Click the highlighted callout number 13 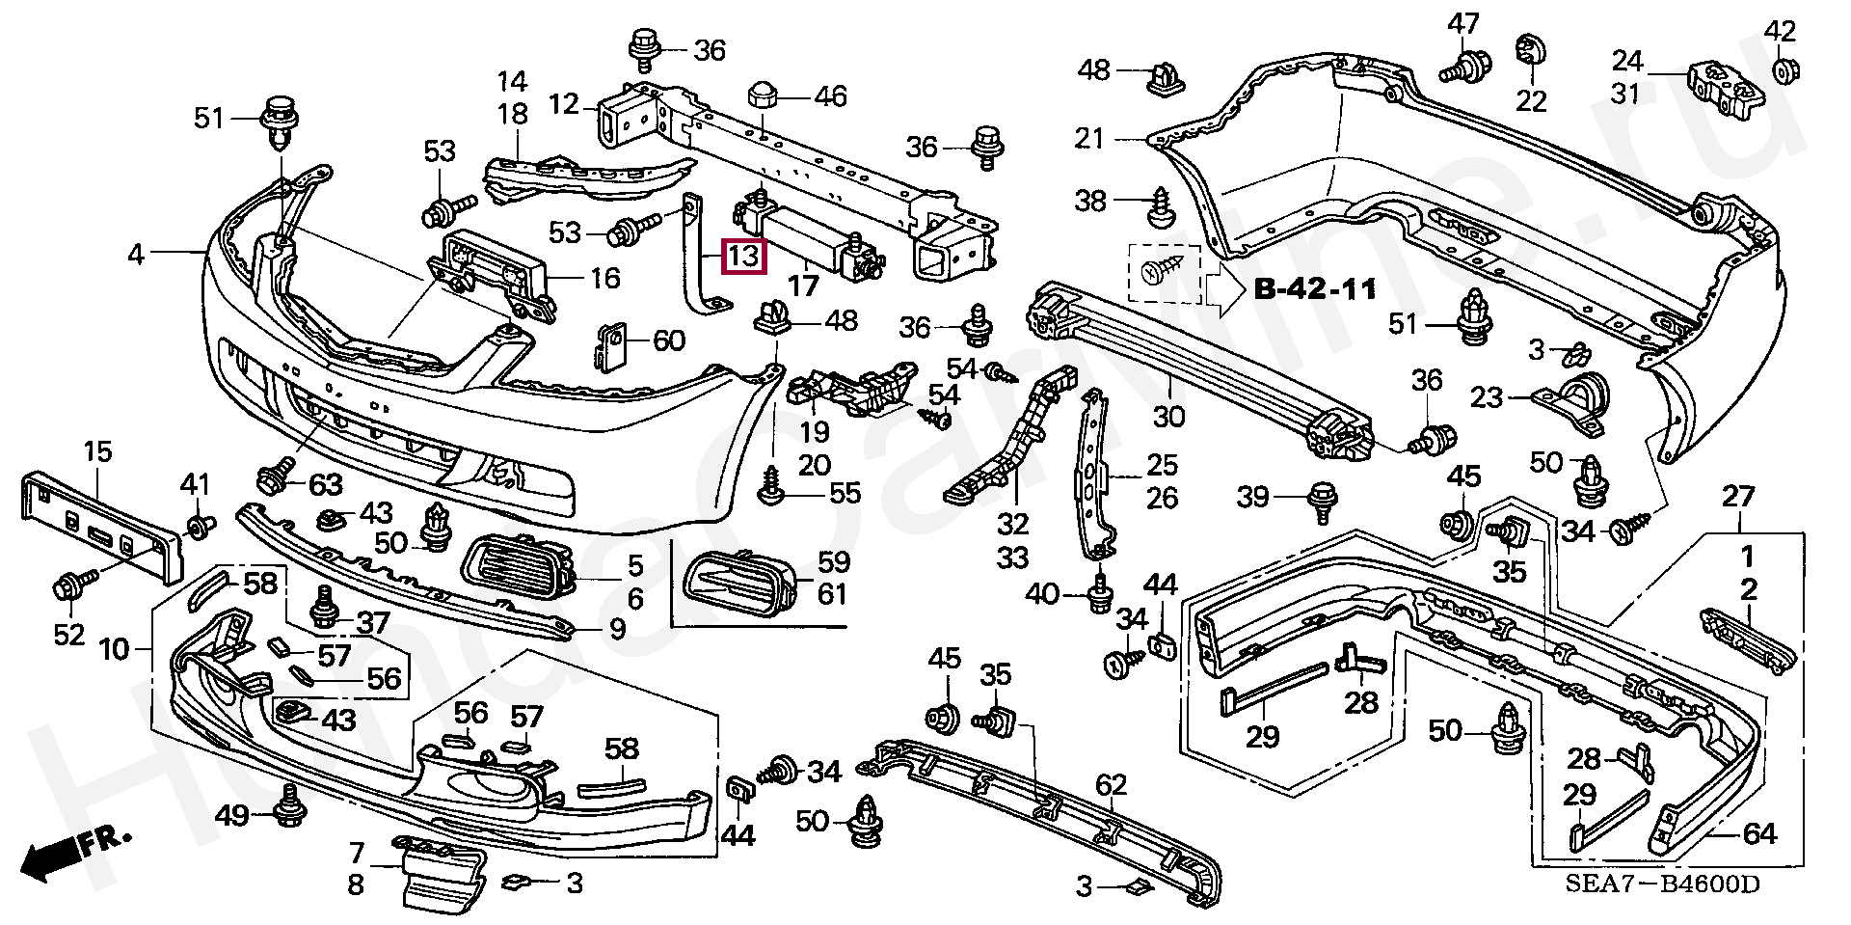point(744,257)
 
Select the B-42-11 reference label point(1314,289)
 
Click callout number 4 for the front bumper point(136,255)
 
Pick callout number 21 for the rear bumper point(1089,140)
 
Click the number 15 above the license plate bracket point(97,451)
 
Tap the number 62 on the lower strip point(1111,785)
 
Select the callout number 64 point(1759,832)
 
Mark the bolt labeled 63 point(271,476)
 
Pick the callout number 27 point(1739,497)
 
